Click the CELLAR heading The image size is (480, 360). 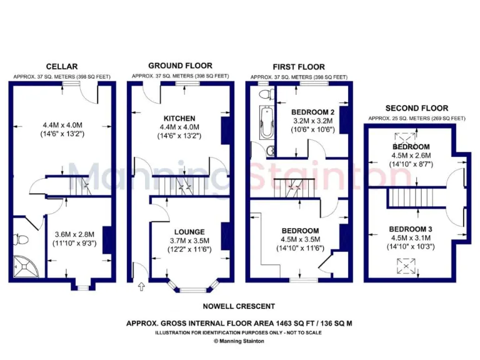pyautogui.click(x=62, y=67)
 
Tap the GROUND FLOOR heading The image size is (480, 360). pyautogui.click(x=180, y=66)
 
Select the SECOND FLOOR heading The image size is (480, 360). pyautogui.click(x=416, y=108)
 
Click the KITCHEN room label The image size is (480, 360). pyautogui.click(x=179, y=118)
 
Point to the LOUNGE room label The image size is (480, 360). pyautogui.click(x=189, y=232)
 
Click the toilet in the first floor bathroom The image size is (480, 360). pyautogui.click(x=265, y=94)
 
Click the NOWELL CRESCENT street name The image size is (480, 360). pyautogui.click(x=239, y=306)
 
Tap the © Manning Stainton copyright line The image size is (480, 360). pyautogui.click(x=239, y=341)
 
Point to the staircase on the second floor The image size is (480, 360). pyautogui.click(x=411, y=198)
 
